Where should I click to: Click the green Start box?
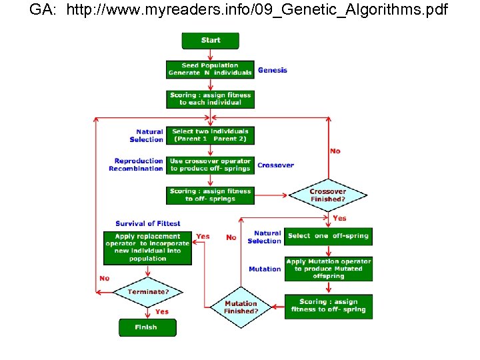[x=210, y=40]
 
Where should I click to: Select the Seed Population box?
[x=210, y=69]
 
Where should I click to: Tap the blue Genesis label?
[x=273, y=70]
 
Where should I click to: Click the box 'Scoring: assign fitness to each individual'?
[x=210, y=99]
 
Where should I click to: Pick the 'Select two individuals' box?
[x=210, y=135]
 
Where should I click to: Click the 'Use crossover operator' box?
[x=210, y=165]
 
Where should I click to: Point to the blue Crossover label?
[x=275, y=165]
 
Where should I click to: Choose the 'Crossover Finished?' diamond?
[x=327, y=195]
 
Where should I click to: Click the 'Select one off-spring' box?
[x=328, y=236]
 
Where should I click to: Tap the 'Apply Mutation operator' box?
[x=328, y=269]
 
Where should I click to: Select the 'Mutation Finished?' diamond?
[x=241, y=307]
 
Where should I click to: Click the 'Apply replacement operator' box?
[x=147, y=247]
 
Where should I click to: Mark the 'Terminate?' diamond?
[x=147, y=292]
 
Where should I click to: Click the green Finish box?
[x=147, y=327]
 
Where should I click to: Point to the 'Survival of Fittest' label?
[x=147, y=223]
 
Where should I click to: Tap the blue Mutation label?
[x=265, y=269]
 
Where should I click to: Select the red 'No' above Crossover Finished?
[x=335, y=151]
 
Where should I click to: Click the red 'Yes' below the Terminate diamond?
[x=162, y=311]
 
